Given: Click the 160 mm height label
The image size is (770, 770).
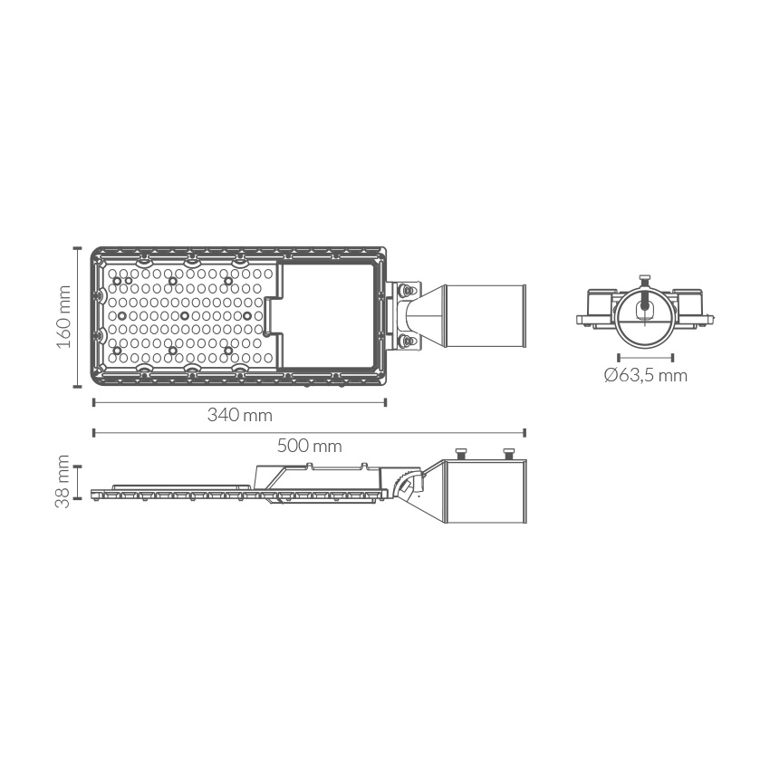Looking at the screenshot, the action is tap(63, 317).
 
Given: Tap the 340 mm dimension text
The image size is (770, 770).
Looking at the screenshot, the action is tap(240, 416).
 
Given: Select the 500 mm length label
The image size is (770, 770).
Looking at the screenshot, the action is tap(310, 446).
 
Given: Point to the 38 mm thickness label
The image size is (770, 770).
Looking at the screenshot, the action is tap(63, 481).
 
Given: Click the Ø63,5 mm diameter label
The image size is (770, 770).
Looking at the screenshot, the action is tap(645, 376).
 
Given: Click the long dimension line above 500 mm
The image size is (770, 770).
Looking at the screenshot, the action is tap(310, 433).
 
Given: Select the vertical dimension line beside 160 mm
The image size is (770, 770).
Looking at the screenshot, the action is tap(77, 317).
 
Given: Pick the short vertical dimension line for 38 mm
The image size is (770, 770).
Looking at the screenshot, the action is tap(78, 482).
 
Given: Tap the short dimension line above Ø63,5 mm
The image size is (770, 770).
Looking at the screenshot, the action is tap(645, 358).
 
